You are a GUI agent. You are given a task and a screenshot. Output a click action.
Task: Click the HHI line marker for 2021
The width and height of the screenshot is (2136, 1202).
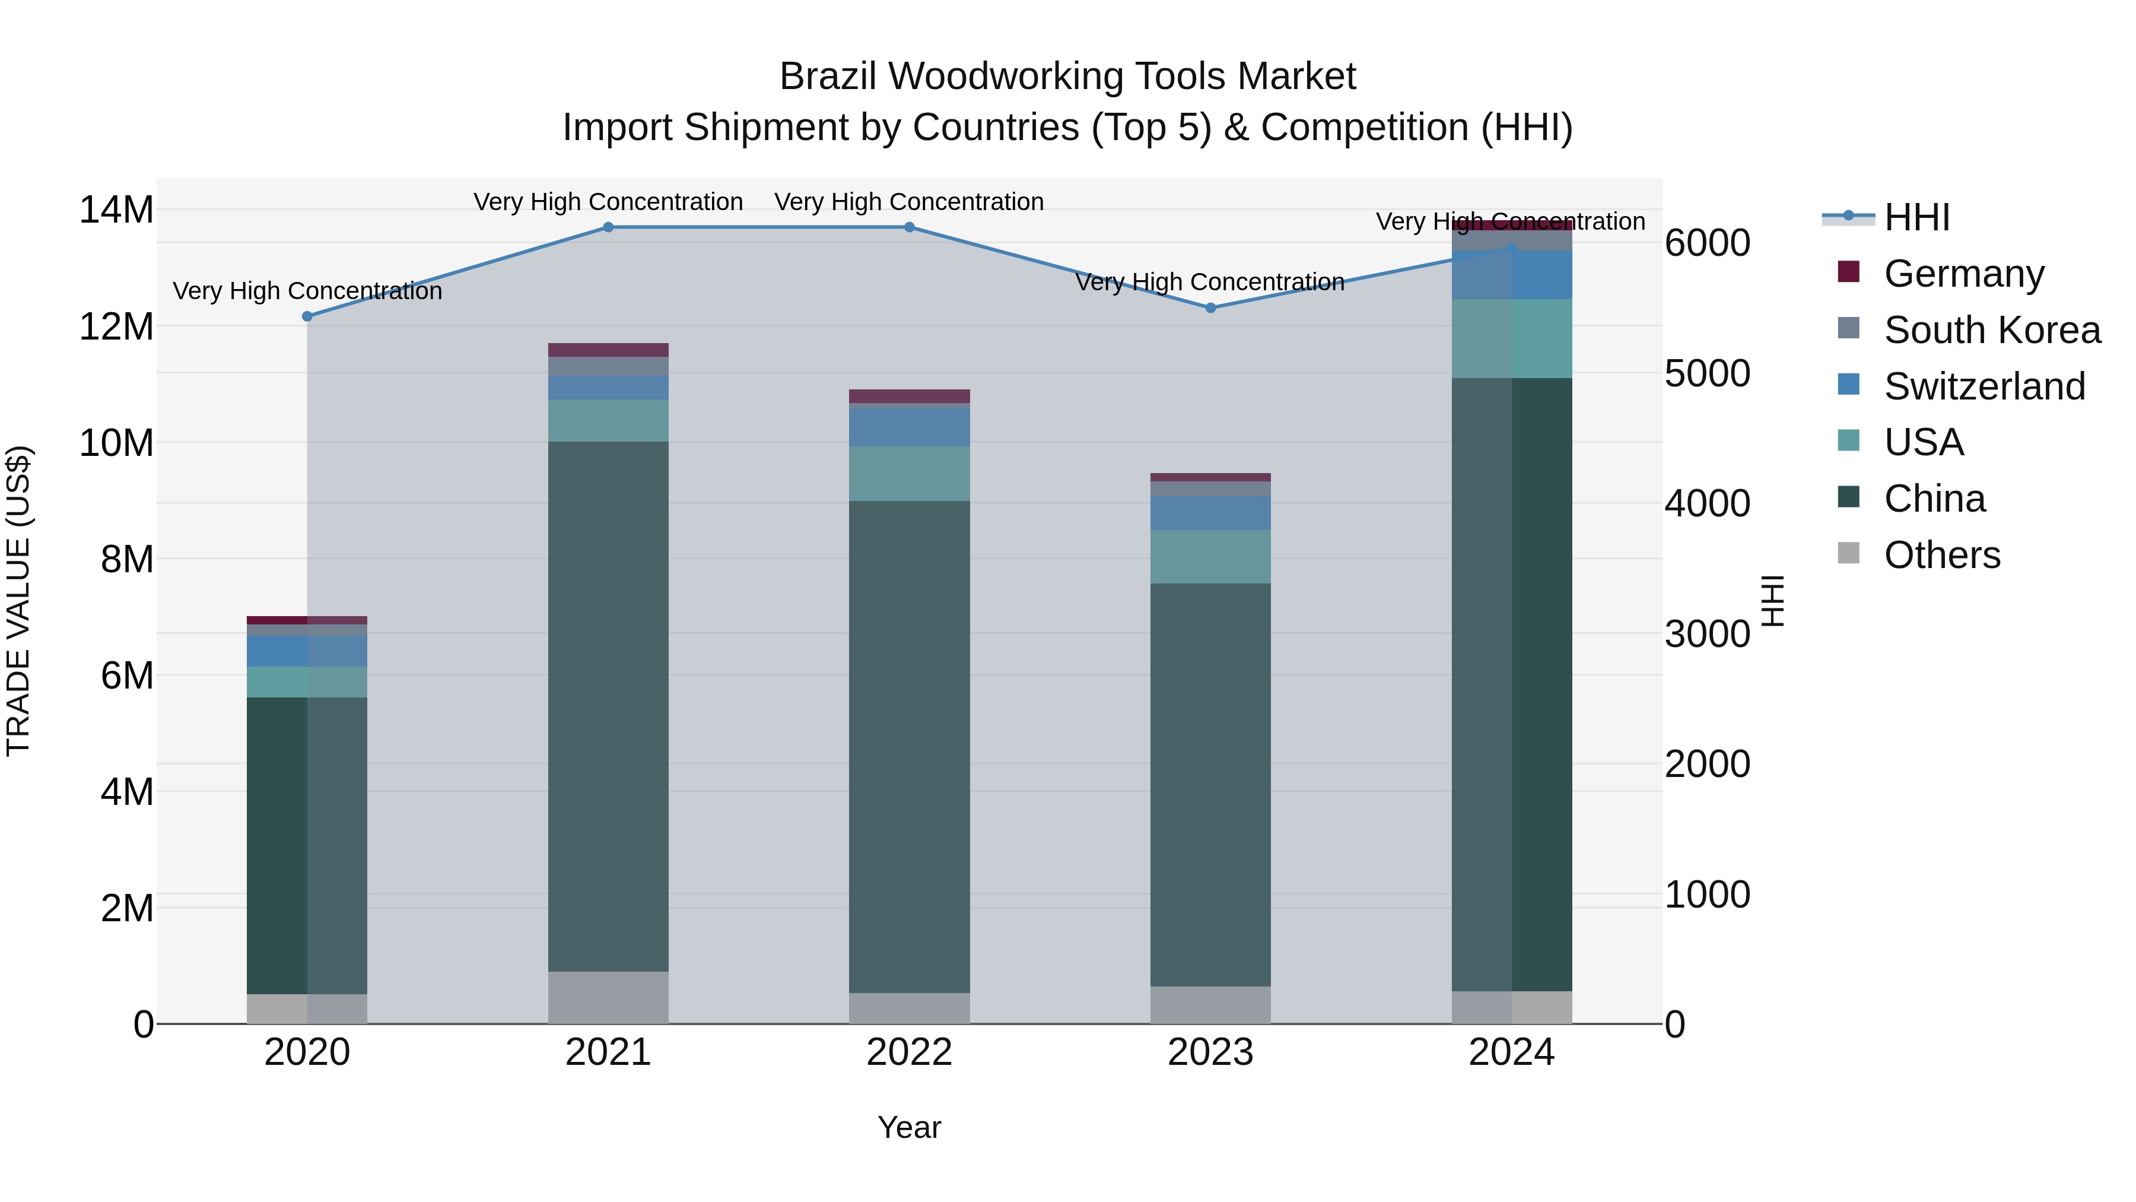point(608,227)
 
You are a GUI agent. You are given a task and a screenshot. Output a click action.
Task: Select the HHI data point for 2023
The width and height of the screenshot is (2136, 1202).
point(1210,307)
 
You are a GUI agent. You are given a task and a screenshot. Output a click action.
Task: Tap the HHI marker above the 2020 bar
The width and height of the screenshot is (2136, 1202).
point(307,316)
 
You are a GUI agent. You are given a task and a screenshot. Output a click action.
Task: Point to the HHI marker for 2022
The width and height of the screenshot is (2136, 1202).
point(909,227)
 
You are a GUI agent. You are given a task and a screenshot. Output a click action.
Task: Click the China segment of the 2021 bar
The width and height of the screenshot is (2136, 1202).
point(608,705)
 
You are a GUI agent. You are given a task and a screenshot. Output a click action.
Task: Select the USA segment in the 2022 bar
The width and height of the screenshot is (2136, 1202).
point(909,474)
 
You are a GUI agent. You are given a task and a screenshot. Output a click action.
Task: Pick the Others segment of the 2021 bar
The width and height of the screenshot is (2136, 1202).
point(608,997)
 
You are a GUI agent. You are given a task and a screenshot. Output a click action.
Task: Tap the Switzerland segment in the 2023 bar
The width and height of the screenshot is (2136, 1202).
point(1210,513)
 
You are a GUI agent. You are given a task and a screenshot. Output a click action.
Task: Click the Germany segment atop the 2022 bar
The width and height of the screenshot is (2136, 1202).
point(909,397)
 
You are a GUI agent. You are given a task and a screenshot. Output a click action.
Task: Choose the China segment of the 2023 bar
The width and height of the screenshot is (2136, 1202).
point(1210,784)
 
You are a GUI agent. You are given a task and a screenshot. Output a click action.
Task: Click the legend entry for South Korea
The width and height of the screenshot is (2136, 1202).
point(1992,330)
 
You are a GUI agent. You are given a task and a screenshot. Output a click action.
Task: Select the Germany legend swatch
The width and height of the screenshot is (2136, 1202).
point(1848,272)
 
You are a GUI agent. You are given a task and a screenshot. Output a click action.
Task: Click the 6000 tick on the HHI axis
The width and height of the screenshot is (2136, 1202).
point(1707,243)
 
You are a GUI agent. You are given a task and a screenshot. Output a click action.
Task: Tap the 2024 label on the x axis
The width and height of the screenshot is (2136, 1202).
point(1511,1052)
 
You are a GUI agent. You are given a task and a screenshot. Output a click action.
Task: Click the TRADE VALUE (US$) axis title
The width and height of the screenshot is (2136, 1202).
point(18,601)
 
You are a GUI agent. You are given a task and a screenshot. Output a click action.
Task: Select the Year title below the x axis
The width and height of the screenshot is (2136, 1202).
point(909,1127)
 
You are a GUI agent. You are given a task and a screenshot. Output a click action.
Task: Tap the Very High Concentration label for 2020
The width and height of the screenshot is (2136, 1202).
point(307,291)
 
